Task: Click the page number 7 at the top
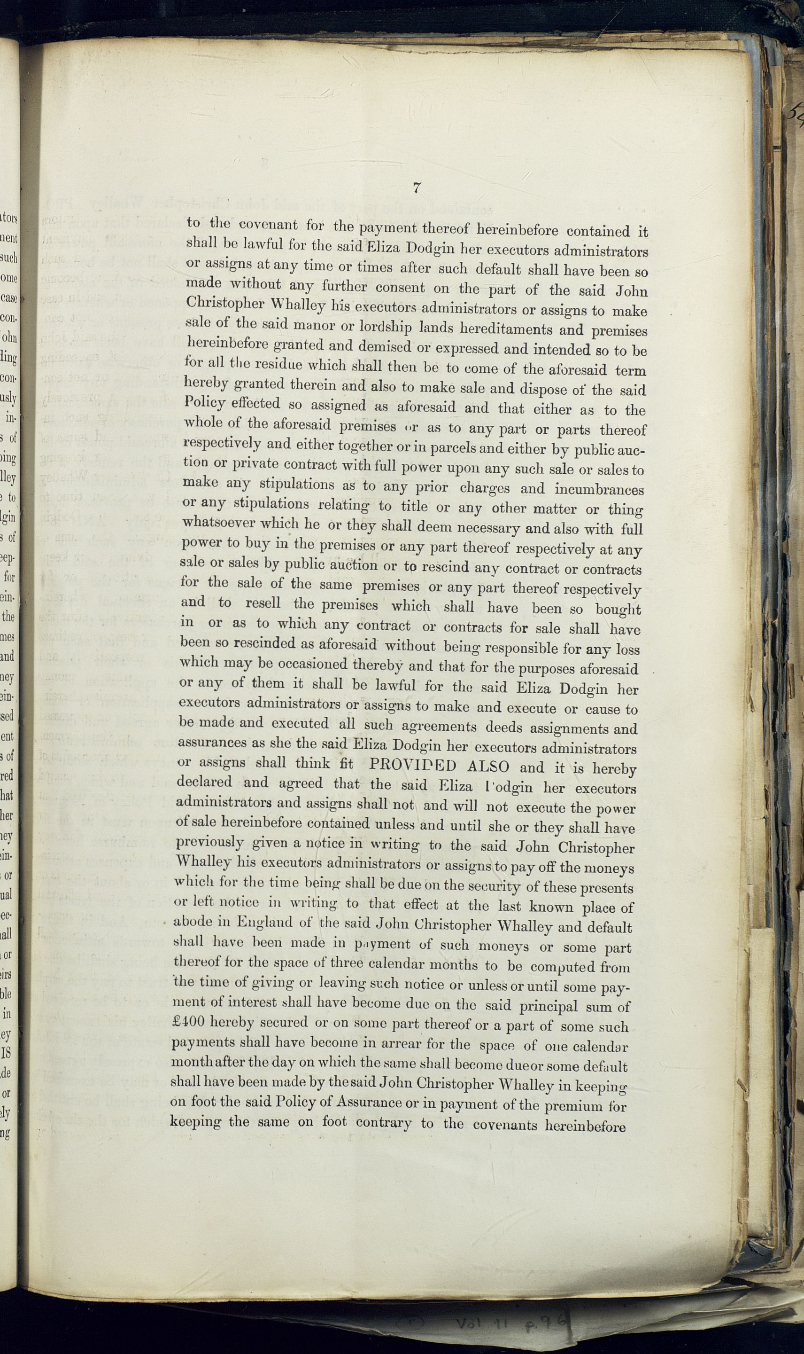pyautogui.click(x=416, y=188)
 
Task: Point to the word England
pyautogui.click(x=264, y=922)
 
